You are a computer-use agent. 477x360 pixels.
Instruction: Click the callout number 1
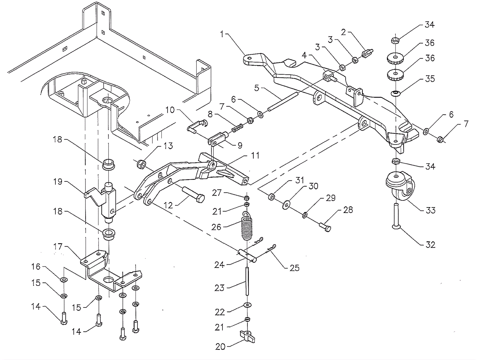(222, 34)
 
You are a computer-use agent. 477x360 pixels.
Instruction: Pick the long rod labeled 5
(283, 101)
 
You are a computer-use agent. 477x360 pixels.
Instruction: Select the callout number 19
(58, 182)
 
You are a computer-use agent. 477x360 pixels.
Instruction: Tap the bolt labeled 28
(325, 226)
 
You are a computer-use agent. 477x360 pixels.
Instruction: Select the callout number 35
(430, 79)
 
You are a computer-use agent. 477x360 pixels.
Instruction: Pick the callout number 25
(295, 268)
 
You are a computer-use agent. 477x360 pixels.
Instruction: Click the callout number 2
(343, 33)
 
